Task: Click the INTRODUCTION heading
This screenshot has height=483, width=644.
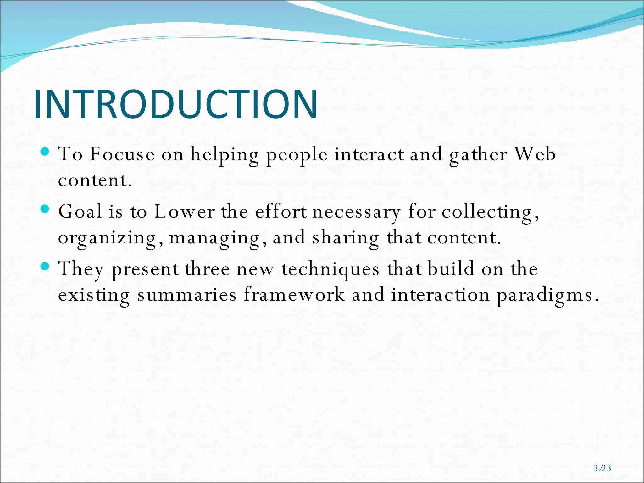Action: pos(176,104)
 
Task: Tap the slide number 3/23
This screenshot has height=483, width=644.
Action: pos(602,469)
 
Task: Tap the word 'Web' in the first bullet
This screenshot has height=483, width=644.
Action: pos(535,154)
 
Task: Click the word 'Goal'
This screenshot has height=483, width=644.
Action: pos(80,211)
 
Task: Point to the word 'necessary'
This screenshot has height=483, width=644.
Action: pos(356,212)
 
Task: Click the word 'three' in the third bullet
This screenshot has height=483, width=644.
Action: pos(207,269)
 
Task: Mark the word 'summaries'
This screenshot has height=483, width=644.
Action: pos(187,295)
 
